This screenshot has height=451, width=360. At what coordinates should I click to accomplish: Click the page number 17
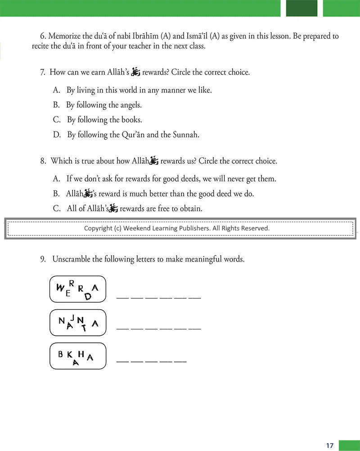coord(330,446)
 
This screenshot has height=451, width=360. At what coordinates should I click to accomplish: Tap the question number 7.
coord(43,72)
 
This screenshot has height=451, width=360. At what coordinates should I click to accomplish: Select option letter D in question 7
coord(56,135)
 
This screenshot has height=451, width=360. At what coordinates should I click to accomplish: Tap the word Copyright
coord(98,228)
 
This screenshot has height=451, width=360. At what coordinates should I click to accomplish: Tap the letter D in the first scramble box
coord(88,296)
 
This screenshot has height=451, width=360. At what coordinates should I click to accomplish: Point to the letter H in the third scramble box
coord(81,353)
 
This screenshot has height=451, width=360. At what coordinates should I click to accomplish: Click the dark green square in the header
coord(301,8)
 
